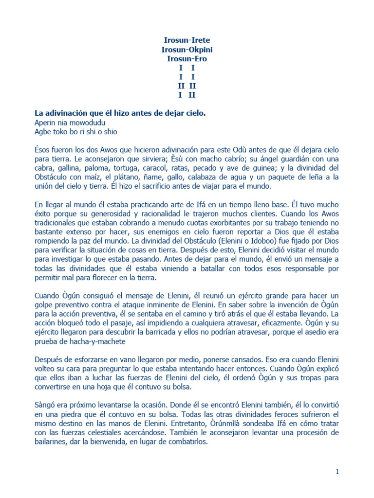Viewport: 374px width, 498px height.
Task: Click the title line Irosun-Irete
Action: coord(187,40)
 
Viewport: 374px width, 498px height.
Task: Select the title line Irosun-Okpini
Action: coord(187,50)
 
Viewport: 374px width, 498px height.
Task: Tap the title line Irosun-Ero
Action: coord(187,59)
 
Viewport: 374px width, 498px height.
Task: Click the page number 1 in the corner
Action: coord(337,471)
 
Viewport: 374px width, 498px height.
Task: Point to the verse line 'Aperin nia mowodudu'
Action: coord(70,123)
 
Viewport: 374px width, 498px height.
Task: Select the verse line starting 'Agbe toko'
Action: coord(76,132)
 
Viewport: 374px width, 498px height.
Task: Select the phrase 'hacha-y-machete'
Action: coord(95,341)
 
